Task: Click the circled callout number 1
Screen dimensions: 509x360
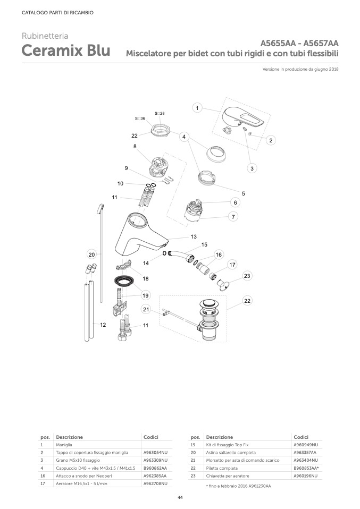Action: pos(197,108)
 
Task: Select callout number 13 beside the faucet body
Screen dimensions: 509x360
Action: pos(194,236)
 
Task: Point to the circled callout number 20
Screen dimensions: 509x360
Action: pos(91,254)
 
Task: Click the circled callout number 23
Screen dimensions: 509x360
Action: pos(247,276)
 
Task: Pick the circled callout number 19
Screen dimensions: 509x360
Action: pos(145,295)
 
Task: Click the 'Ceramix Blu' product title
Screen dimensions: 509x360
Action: pos(66,51)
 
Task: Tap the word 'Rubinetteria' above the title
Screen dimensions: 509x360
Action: pos(45,36)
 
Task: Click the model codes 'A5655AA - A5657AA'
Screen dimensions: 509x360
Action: pos(299,43)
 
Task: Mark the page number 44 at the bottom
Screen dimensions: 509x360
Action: pos(180,497)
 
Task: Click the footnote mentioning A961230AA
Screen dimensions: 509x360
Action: pos(238,486)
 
